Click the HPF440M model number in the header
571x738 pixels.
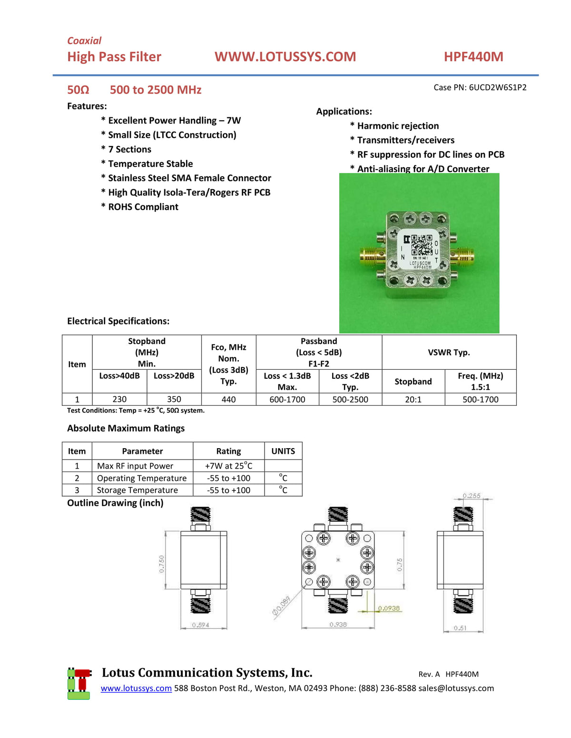point(473,57)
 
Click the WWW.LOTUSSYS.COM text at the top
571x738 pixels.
point(285,57)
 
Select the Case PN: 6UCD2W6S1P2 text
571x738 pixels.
point(480,87)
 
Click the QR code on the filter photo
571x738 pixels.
point(422,245)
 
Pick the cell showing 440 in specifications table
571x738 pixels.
point(228,400)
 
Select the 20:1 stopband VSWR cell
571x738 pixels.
point(413,400)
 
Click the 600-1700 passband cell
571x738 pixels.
point(287,400)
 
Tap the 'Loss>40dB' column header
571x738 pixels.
point(119,376)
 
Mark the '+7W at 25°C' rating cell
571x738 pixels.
point(228,466)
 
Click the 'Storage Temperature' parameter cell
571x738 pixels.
point(138,490)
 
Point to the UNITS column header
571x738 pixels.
point(283,451)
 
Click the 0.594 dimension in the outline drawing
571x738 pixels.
point(200,625)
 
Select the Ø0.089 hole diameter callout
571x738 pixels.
point(281,606)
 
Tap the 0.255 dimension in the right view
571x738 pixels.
point(472,496)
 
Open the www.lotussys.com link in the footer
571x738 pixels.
point(136,689)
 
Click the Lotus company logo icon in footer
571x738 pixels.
point(79,683)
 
